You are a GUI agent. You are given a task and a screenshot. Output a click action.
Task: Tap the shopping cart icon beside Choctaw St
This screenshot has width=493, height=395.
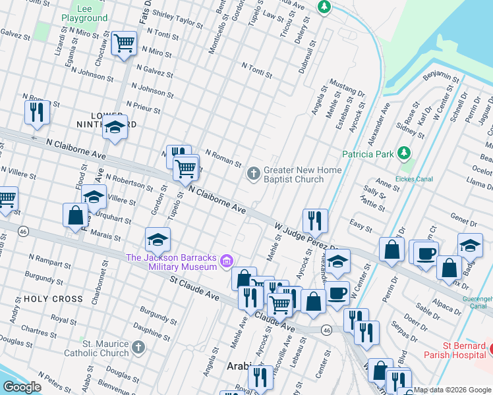(x=124, y=45)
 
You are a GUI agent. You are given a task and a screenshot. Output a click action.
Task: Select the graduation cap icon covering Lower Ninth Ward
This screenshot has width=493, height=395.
(x=115, y=128)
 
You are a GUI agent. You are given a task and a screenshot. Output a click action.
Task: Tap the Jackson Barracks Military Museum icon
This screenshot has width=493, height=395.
(x=227, y=262)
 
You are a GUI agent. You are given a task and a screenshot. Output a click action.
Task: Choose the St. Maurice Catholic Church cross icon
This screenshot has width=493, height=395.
(x=138, y=347)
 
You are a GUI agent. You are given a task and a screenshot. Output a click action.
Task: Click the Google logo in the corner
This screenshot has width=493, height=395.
(x=22, y=387)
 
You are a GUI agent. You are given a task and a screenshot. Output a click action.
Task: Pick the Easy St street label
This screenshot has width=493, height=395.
(x=361, y=223)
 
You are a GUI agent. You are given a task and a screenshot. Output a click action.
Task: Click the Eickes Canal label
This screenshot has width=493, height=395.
(x=413, y=178)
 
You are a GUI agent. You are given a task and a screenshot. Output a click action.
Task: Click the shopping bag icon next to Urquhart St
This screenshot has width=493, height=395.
(x=75, y=215)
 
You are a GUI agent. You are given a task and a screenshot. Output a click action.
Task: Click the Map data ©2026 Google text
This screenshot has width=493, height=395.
(x=452, y=390)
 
